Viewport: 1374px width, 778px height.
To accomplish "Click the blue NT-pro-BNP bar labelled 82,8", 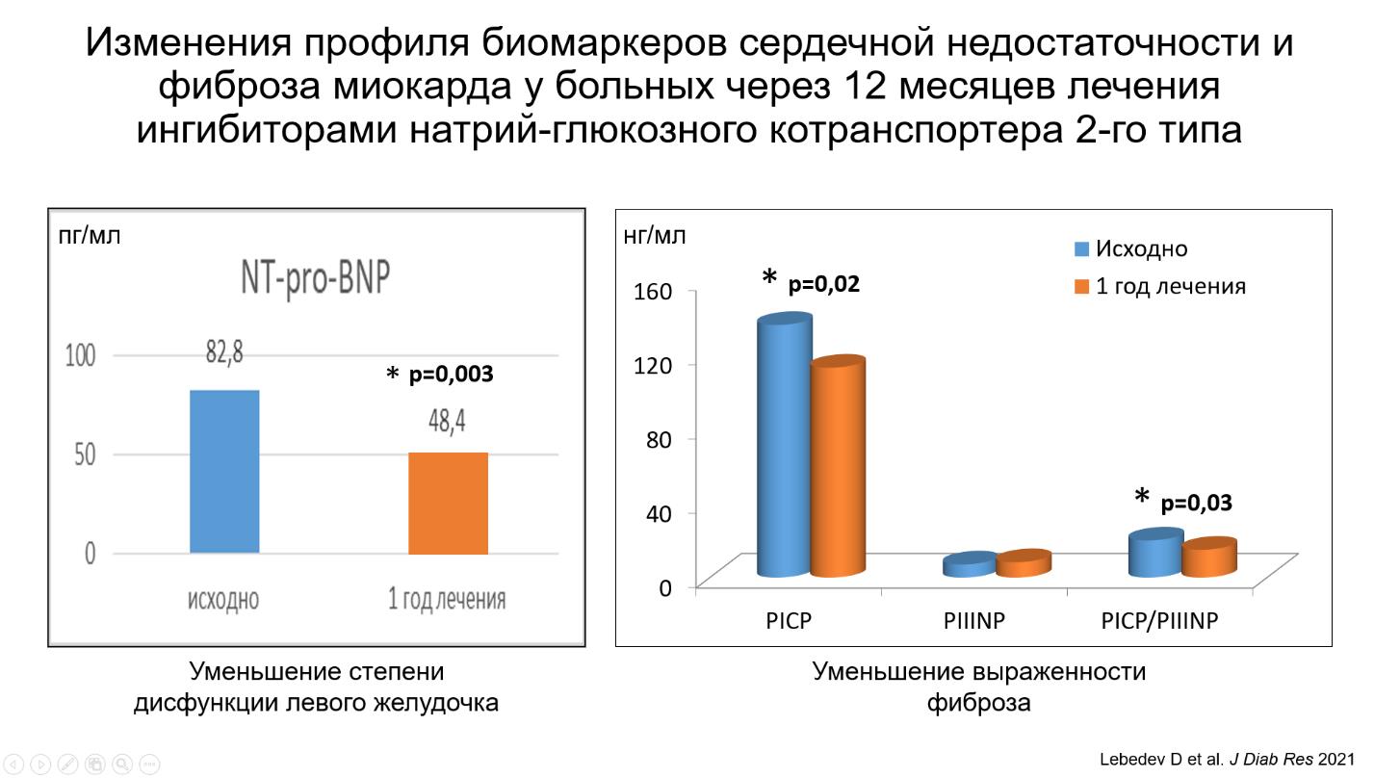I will click(224, 471).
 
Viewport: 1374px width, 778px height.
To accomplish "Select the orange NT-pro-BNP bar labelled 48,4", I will click(448, 503).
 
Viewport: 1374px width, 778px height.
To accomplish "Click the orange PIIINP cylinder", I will click(1023, 564).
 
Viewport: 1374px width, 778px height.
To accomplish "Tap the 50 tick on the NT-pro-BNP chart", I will click(85, 454).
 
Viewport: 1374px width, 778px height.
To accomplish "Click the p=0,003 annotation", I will click(451, 375).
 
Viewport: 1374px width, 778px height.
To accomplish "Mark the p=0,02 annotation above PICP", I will click(823, 284).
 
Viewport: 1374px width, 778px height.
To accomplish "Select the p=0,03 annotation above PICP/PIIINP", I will click(1196, 504).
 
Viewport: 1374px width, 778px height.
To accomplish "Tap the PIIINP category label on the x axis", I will click(974, 621).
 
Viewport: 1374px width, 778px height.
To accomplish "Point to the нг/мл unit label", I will click(656, 236).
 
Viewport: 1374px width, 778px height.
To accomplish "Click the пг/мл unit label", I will click(90, 236).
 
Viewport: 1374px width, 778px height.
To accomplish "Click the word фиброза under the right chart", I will click(978, 703).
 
